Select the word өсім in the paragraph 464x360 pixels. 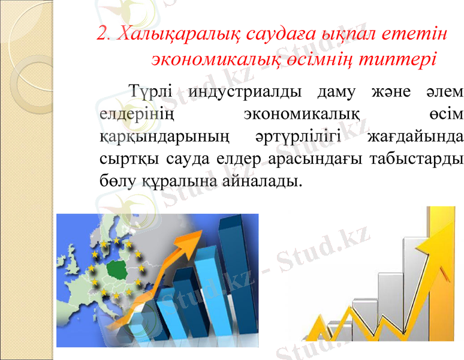(x=447, y=115)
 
